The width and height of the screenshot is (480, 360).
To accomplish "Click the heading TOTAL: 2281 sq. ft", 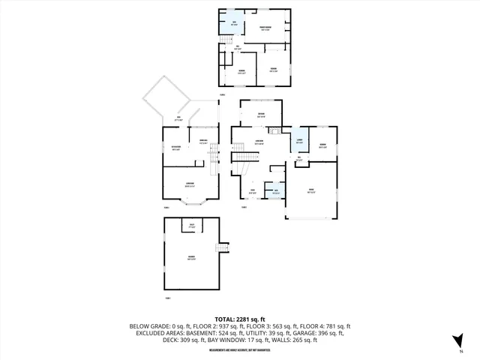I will [x=240, y=319].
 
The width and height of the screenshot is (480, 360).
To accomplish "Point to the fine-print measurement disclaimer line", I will [x=240, y=349].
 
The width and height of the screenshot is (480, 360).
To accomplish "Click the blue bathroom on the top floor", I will [x=234, y=23].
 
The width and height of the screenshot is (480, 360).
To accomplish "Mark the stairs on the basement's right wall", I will [x=222, y=248].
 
